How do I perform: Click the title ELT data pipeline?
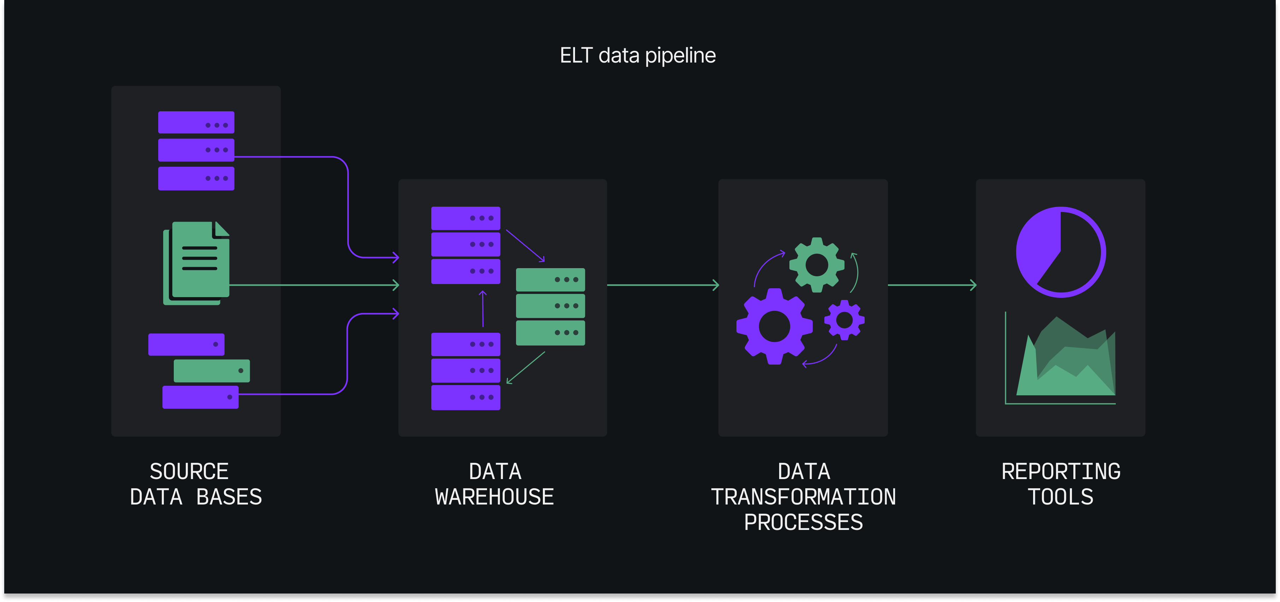638,55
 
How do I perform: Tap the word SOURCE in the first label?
189,471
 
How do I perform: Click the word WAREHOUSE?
494,497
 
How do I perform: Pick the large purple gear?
774,326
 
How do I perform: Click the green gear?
816,265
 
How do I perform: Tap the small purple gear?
844,320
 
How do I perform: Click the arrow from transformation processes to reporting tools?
932,285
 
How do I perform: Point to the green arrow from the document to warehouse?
313,285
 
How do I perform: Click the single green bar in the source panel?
212,370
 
